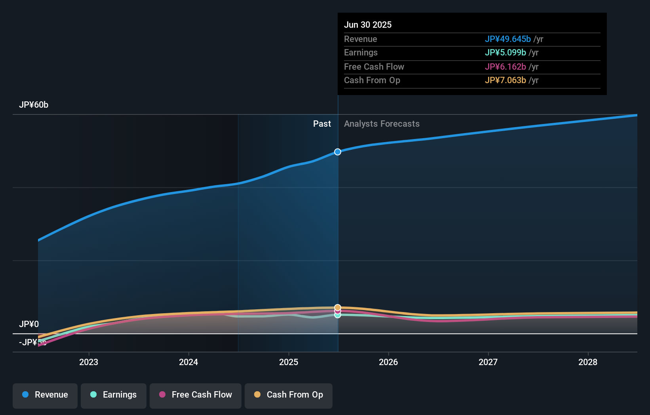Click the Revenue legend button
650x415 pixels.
[x=45, y=395]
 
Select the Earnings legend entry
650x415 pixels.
[x=114, y=395]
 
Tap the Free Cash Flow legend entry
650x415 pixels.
[x=196, y=395]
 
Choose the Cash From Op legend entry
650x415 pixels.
[x=289, y=395]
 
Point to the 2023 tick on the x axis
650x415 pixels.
[x=89, y=362]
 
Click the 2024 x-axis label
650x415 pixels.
[x=188, y=362]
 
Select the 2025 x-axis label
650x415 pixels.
[x=289, y=362]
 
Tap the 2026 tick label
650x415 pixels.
[x=388, y=362]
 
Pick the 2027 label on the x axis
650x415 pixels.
[x=488, y=362]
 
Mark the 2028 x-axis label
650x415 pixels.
[x=588, y=362]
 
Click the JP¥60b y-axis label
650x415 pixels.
[x=34, y=105]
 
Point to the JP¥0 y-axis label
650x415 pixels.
[x=29, y=324]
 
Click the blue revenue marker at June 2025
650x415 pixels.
[x=338, y=152]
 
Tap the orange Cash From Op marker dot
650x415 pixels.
[x=338, y=307]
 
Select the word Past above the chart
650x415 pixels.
[x=322, y=124]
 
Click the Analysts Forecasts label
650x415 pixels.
[x=382, y=124]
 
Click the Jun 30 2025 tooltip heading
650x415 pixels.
[x=368, y=25]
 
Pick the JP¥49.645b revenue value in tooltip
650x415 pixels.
[x=507, y=39]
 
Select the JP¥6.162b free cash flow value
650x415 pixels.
[x=505, y=67]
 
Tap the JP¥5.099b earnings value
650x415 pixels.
[x=505, y=53]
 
